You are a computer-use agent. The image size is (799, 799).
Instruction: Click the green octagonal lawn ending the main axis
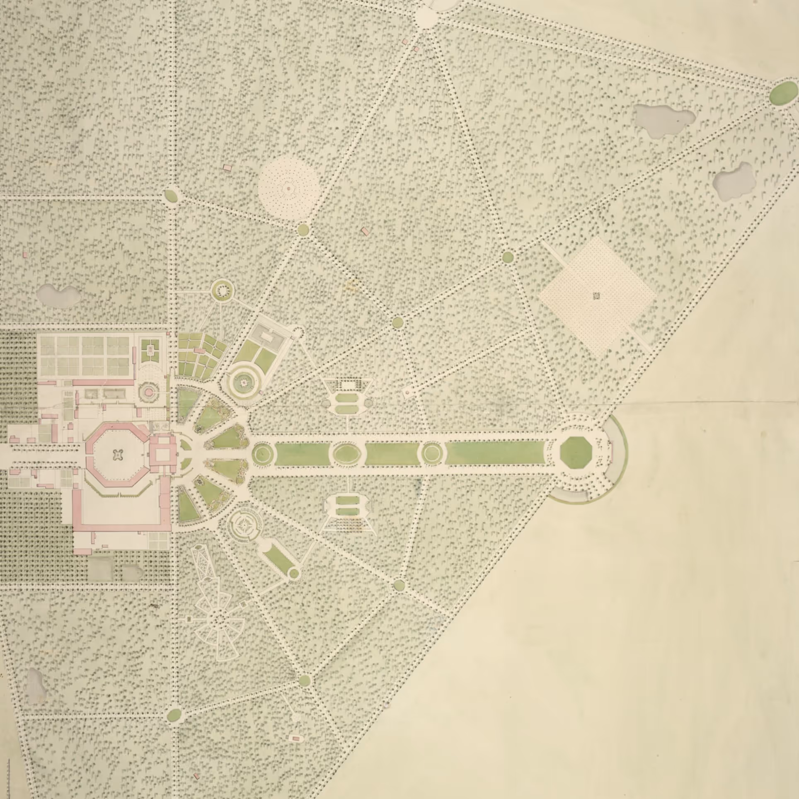[x=575, y=452]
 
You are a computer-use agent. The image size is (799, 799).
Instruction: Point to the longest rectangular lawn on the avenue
[x=495, y=453]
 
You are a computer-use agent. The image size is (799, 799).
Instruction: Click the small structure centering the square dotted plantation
[x=596, y=296]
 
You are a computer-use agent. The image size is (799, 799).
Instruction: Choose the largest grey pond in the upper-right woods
[x=664, y=119]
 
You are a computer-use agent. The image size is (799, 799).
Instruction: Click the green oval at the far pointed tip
[x=783, y=93]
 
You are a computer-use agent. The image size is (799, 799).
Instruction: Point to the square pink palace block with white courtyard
[x=162, y=454]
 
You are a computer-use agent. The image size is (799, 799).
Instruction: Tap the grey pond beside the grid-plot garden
[x=58, y=295]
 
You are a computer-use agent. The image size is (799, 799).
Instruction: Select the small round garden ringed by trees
[x=223, y=291]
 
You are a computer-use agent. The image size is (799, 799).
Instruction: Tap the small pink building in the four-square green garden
[x=150, y=351]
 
